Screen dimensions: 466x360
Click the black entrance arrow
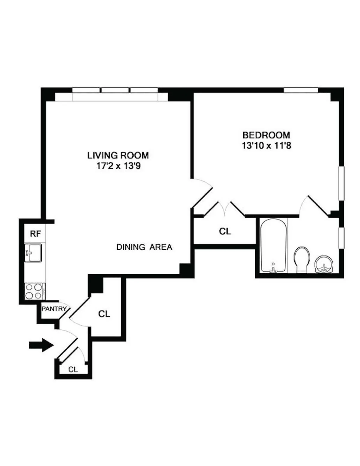click(41, 345)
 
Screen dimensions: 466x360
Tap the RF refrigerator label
click(35, 234)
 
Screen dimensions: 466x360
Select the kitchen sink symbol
click(33, 253)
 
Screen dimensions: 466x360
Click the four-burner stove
click(34, 291)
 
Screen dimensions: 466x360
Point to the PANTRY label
click(53, 308)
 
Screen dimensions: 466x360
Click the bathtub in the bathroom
click(273, 245)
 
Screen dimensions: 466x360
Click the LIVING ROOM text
click(118, 155)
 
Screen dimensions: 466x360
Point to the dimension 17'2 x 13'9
click(118, 166)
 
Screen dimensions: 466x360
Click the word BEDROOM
click(266, 135)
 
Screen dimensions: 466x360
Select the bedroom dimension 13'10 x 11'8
click(266, 146)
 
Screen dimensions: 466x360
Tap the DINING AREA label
click(144, 247)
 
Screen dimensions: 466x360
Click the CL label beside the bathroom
click(225, 231)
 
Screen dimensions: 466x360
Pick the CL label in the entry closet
click(73, 369)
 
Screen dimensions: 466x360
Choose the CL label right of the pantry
click(104, 314)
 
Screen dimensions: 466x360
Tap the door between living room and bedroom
click(202, 192)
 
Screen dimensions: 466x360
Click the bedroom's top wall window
click(301, 90)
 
